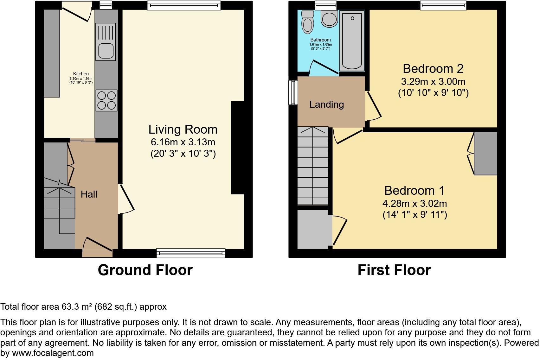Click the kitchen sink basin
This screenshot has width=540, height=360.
106,51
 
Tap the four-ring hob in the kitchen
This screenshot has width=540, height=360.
106,100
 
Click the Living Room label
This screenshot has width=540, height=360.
183,129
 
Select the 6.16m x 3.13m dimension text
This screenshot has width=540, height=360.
183,142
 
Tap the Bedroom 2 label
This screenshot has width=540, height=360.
433,68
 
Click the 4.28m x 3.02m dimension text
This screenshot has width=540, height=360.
415,203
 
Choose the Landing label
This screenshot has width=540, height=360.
326,104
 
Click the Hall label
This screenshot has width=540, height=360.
89,194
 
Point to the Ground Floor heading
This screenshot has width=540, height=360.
145,270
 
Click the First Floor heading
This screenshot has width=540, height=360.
394,270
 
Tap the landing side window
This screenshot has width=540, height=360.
293,92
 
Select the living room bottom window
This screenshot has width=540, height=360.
191,253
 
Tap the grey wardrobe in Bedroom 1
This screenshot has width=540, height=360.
485,153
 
